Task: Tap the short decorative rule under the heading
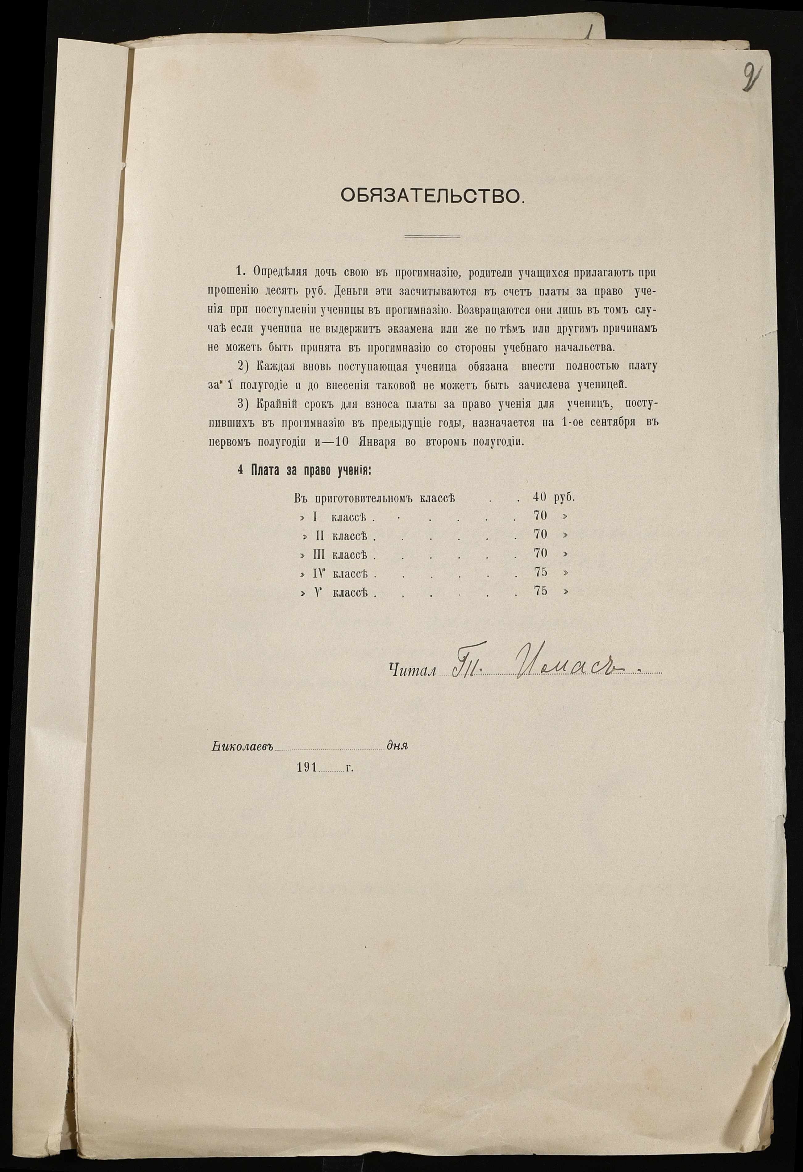pyautogui.click(x=433, y=236)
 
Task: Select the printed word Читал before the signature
pyautogui.click(x=412, y=669)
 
